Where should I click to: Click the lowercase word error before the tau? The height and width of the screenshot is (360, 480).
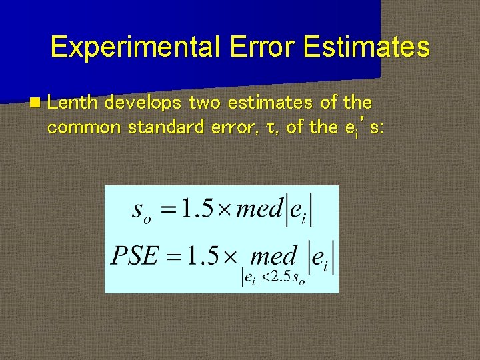(x=228, y=127)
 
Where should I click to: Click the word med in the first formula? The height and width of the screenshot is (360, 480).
(x=260, y=211)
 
